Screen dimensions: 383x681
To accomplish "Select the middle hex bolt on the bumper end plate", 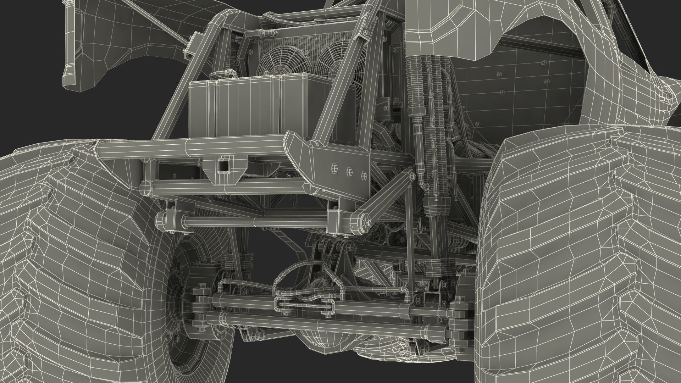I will point(349,171).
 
